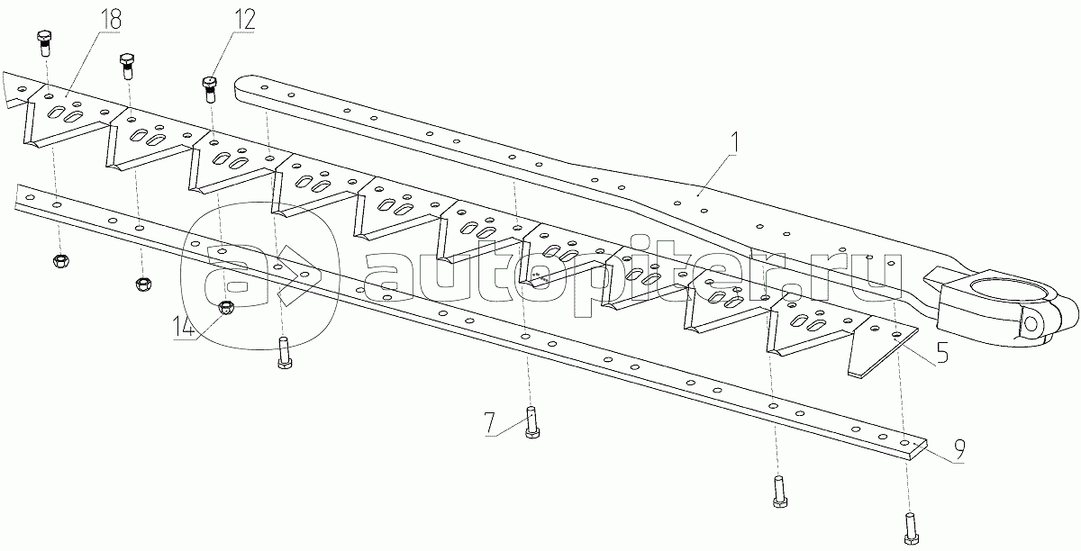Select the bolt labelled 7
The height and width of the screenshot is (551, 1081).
(531, 422)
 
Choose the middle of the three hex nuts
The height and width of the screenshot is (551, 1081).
(141, 285)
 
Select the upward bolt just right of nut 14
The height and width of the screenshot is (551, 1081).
(283, 352)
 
